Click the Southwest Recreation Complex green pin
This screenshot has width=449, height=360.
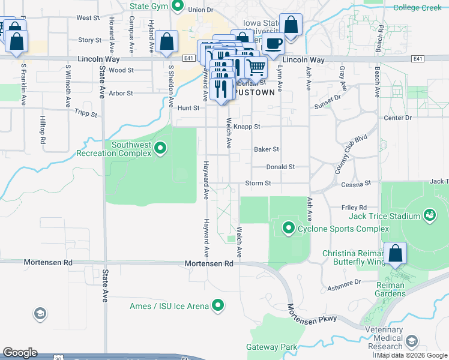click(x=160, y=148)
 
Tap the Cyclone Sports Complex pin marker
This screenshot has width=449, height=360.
click(x=289, y=228)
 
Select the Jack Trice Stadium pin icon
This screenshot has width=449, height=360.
click(x=429, y=214)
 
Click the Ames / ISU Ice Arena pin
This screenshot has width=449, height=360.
click(x=219, y=306)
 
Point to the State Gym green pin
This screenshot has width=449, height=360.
click(x=177, y=7)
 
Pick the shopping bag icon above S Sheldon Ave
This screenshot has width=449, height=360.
click(x=167, y=41)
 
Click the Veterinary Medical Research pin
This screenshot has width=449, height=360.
click(x=411, y=341)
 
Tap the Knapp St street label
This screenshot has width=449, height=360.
click(x=247, y=127)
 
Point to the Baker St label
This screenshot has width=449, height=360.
click(x=267, y=149)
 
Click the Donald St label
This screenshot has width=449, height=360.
click(x=280, y=167)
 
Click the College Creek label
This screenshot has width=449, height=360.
click(x=417, y=8)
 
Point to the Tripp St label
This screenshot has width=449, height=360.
click(x=86, y=112)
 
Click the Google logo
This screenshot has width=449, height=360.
click(x=20, y=353)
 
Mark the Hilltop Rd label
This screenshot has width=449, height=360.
click(x=43, y=129)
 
